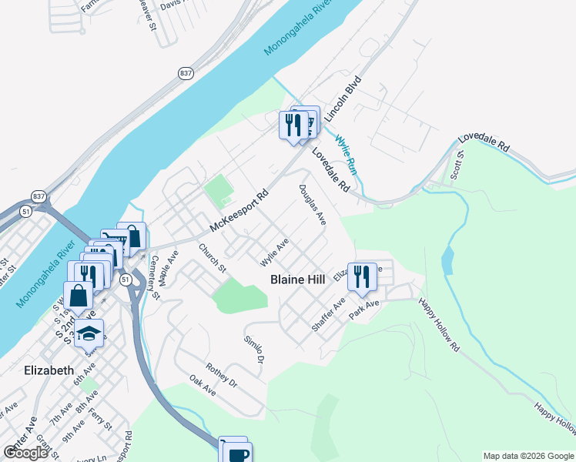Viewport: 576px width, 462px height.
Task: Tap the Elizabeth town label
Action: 49,370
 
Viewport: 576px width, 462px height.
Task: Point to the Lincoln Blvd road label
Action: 343,100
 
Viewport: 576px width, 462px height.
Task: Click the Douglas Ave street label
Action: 313,205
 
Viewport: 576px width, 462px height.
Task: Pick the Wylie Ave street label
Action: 274,252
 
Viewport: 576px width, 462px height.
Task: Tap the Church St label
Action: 211,259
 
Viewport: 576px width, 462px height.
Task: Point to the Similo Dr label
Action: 254,350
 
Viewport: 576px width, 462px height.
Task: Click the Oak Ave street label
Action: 203,386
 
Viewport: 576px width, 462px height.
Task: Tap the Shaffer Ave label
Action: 329,315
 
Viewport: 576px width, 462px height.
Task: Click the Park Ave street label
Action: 364,310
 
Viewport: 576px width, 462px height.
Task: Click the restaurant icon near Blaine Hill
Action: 362,276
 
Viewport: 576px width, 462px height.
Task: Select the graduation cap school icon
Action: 90,333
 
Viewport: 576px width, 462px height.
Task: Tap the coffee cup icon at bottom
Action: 238,453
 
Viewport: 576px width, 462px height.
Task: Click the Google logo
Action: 26,453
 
